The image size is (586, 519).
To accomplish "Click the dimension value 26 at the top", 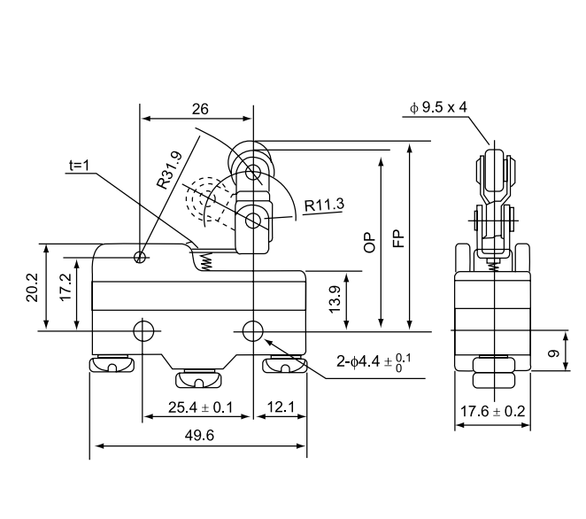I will coord(199,110).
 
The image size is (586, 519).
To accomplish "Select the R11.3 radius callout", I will coord(324,205).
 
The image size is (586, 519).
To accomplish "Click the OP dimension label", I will coord(373,241).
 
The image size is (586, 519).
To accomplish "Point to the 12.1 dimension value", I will coord(281,408).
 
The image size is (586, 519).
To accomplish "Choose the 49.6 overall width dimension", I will coord(198,436).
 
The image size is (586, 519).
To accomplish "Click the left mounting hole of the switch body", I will coord(143,331).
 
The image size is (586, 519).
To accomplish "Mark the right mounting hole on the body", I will coord(254,331).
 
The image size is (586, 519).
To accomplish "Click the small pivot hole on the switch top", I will coord(140,258).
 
